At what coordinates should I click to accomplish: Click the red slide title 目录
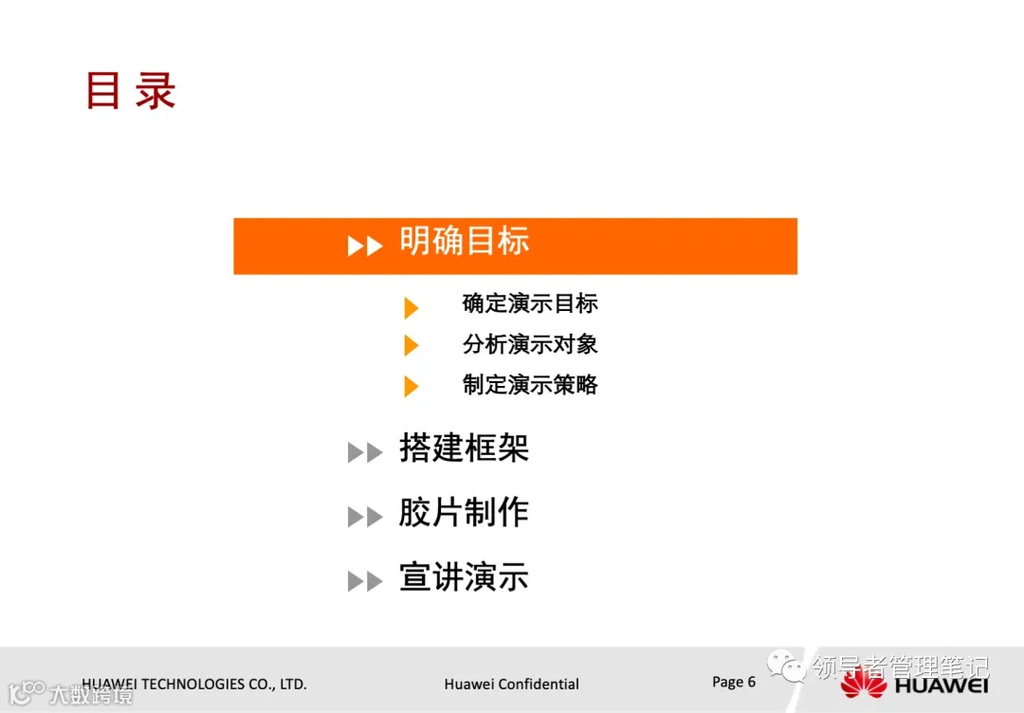coord(130,92)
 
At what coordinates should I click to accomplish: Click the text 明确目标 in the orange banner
coord(464,242)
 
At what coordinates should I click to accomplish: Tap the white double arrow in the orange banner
coord(365,246)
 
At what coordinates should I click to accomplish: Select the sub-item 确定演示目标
coord(530,303)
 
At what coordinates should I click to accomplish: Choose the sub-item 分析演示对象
coord(530,344)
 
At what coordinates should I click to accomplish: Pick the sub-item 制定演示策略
coord(530,385)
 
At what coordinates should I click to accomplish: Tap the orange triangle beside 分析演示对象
coord(411,346)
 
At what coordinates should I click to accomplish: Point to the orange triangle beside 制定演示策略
coord(411,387)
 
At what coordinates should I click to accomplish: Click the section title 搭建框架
coord(464,448)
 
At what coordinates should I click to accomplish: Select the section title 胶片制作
coord(464,513)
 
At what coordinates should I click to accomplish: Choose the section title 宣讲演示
coord(464,577)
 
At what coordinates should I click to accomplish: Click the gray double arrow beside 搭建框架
coord(365,453)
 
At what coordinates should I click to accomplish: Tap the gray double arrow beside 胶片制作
coord(365,518)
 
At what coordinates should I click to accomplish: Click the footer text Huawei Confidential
coord(511,685)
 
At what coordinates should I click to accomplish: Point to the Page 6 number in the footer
coord(734,682)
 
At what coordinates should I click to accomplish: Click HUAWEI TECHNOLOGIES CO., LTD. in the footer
coord(194,684)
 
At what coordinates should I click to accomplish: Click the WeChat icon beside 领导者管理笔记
coord(786,667)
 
